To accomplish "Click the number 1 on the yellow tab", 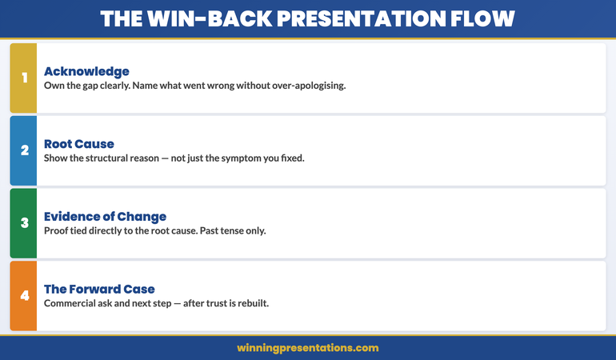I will (x=24, y=78).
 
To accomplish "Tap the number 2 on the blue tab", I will (x=24, y=150).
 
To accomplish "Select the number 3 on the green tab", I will (x=24, y=223).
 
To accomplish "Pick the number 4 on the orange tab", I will (x=24, y=296).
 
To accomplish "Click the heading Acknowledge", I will (x=86, y=71).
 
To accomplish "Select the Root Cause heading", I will (x=79, y=144).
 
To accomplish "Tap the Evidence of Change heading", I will (x=105, y=217).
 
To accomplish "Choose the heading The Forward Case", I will (x=99, y=290).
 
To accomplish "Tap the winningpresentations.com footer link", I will (x=308, y=348).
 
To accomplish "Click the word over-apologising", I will (x=307, y=86).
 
